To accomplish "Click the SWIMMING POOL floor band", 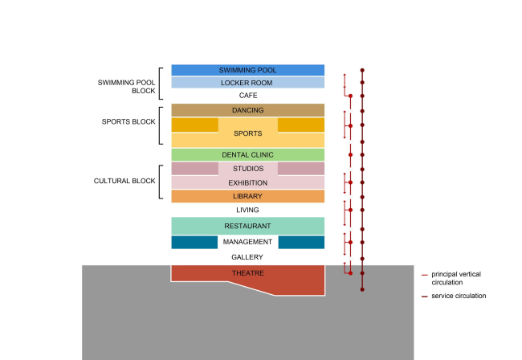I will point(247,70).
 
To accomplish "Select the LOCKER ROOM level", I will point(247,83).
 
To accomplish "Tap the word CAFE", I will point(247,96).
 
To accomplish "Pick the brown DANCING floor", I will point(247,110).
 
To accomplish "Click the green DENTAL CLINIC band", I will point(247,154).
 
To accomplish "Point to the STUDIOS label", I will point(247,169).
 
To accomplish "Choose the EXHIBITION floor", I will point(247,182).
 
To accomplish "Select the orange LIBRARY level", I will point(247,196).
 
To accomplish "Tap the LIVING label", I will point(247,210).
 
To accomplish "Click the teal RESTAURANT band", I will point(247,226).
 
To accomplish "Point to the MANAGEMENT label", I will point(247,242).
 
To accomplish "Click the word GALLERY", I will point(247,257).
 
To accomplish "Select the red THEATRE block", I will point(247,274).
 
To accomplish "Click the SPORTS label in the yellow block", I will point(247,133).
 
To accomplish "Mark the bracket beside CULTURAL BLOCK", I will point(161,182).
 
